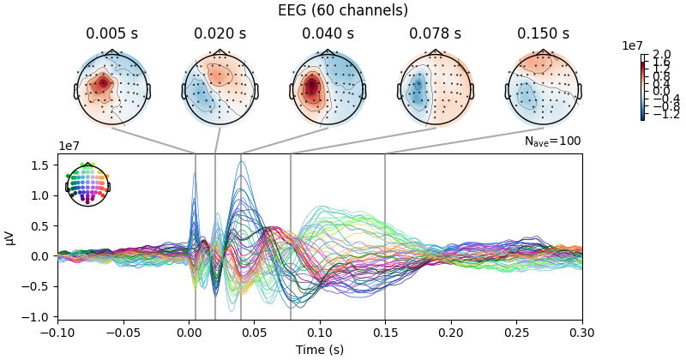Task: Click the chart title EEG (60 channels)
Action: pos(343,10)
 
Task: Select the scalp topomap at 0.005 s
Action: pos(112,88)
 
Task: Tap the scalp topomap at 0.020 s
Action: pos(220,88)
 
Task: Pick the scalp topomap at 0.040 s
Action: pos(328,88)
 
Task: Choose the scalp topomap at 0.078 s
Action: pos(436,88)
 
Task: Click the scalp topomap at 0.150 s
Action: pos(543,88)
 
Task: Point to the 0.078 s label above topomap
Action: pos(436,34)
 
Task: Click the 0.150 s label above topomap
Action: pos(543,34)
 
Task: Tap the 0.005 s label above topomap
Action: pos(112,34)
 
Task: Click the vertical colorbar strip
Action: pos(642,88)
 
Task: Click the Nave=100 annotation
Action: pos(552,141)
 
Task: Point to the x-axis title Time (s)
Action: pos(320,350)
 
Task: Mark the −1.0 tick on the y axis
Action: pos(39,316)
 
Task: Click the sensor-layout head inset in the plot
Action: pos(87,184)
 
